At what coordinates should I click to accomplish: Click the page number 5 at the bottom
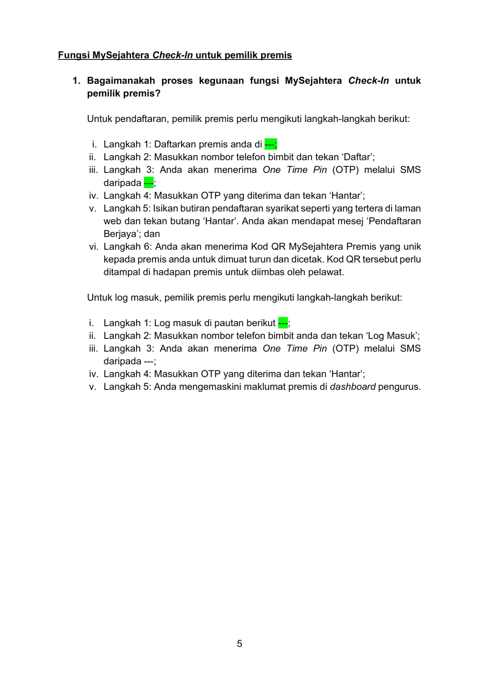click(239, 643)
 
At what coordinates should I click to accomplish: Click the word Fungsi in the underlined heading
click(74, 55)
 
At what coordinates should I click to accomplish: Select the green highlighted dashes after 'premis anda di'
click(270, 144)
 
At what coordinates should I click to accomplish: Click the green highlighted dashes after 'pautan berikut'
click(283, 323)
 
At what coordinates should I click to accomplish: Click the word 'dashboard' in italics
click(353, 387)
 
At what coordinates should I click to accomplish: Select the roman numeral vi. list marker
click(93, 247)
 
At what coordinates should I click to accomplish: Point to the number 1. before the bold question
click(77, 81)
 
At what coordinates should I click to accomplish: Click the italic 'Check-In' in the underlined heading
click(172, 55)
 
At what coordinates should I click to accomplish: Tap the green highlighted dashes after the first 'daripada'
click(148, 183)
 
